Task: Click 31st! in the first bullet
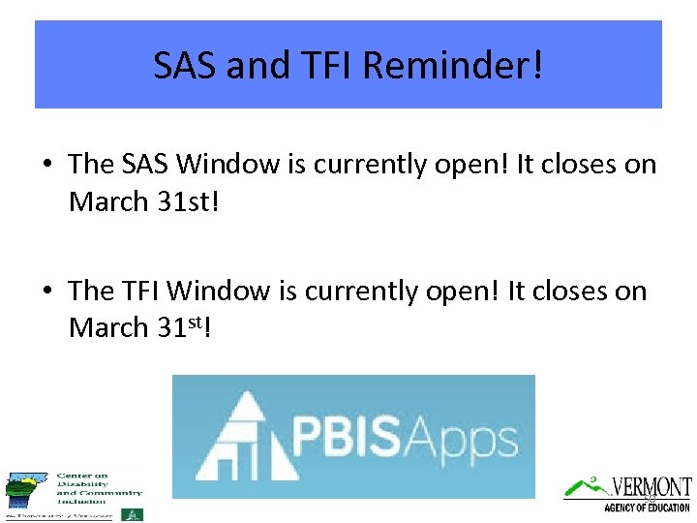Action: point(199,202)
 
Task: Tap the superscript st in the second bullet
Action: point(192,321)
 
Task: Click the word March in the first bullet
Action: point(107,202)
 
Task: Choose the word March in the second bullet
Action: point(107,328)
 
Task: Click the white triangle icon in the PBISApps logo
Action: point(242,436)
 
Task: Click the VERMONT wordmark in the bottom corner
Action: point(652,486)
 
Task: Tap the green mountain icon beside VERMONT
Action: point(587,487)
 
